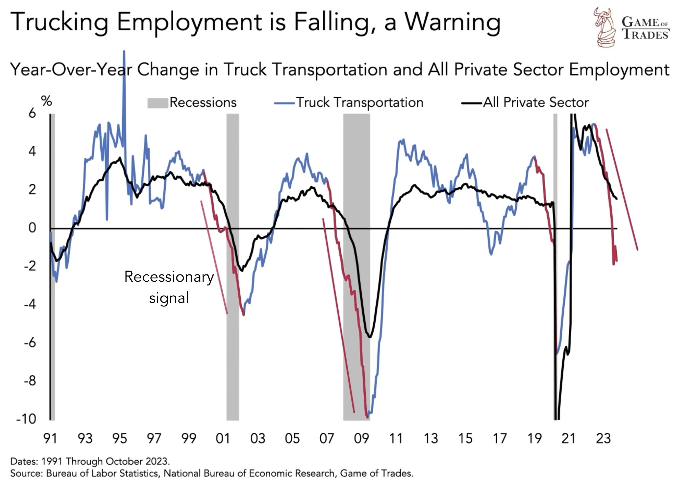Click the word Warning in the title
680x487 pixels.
(453, 22)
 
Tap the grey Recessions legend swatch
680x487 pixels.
(158, 103)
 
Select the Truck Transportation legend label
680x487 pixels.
(359, 102)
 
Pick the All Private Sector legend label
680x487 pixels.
(536, 102)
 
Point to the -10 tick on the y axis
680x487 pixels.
(26, 419)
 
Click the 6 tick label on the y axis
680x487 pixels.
(32, 113)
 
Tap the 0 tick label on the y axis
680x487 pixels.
(32, 228)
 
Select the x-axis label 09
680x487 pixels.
(361, 439)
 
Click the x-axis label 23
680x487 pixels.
(603, 439)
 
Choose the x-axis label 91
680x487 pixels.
(50, 439)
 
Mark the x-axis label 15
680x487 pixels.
(465, 439)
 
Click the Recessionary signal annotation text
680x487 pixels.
(169, 287)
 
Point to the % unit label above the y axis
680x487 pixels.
(47, 101)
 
